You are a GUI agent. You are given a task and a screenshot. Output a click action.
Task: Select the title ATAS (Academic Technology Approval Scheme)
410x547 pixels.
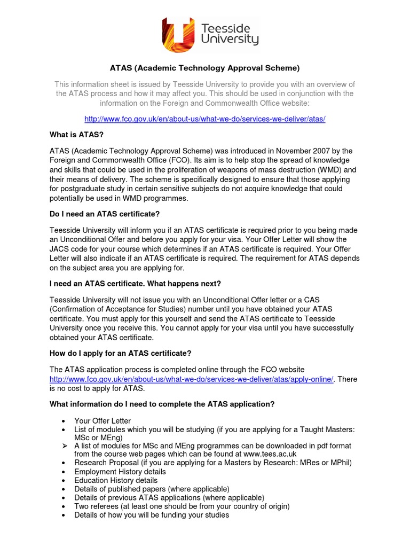pyautogui.click(x=205, y=68)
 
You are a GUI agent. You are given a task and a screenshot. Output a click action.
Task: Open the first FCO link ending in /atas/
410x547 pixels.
pyautogui.click(x=205, y=119)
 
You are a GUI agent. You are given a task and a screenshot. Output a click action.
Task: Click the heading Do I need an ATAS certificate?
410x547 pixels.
pyautogui.click(x=105, y=214)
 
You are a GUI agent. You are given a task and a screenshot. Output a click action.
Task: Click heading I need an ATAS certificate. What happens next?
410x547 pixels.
pyautogui.click(x=135, y=283)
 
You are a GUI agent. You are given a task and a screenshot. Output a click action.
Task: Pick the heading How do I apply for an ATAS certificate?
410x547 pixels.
pyautogui.click(x=120, y=353)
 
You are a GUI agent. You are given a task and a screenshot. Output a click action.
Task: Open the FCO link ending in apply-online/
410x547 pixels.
pyautogui.click(x=191, y=379)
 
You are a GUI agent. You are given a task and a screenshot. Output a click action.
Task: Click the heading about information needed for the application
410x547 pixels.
pyautogui.click(x=162, y=404)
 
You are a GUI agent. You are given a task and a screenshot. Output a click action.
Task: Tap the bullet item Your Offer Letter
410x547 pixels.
pyautogui.click(x=102, y=421)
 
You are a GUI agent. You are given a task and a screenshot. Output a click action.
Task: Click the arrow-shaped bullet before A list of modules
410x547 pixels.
pyautogui.click(x=64, y=446)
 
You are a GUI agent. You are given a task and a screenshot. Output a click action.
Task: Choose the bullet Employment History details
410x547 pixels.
pyautogui.click(x=120, y=472)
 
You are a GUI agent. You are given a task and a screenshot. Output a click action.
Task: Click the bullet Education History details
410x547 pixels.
pyautogui.click(x=116, y=480)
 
